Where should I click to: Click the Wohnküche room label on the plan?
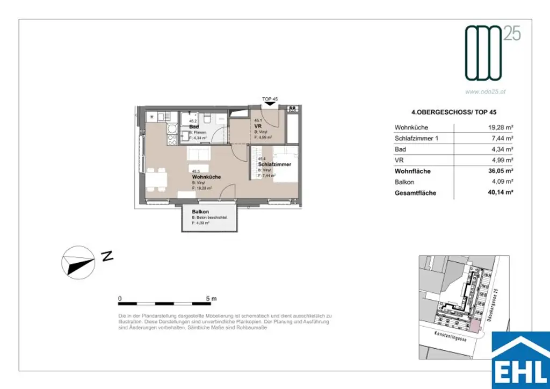(206, 177)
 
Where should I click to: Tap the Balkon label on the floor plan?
(200, 212)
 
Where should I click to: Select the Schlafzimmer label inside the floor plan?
(274, 164)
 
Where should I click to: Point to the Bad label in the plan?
(194, 127)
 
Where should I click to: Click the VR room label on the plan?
(257, 127)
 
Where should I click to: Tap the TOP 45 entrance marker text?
(270, 99)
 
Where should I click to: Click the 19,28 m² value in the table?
(498, 128)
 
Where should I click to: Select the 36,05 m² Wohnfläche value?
(498, 171)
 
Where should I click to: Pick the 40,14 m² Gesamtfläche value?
(498, 193)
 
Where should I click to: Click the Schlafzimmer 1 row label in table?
(416, 139)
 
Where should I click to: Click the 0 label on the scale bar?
(120, 298)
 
